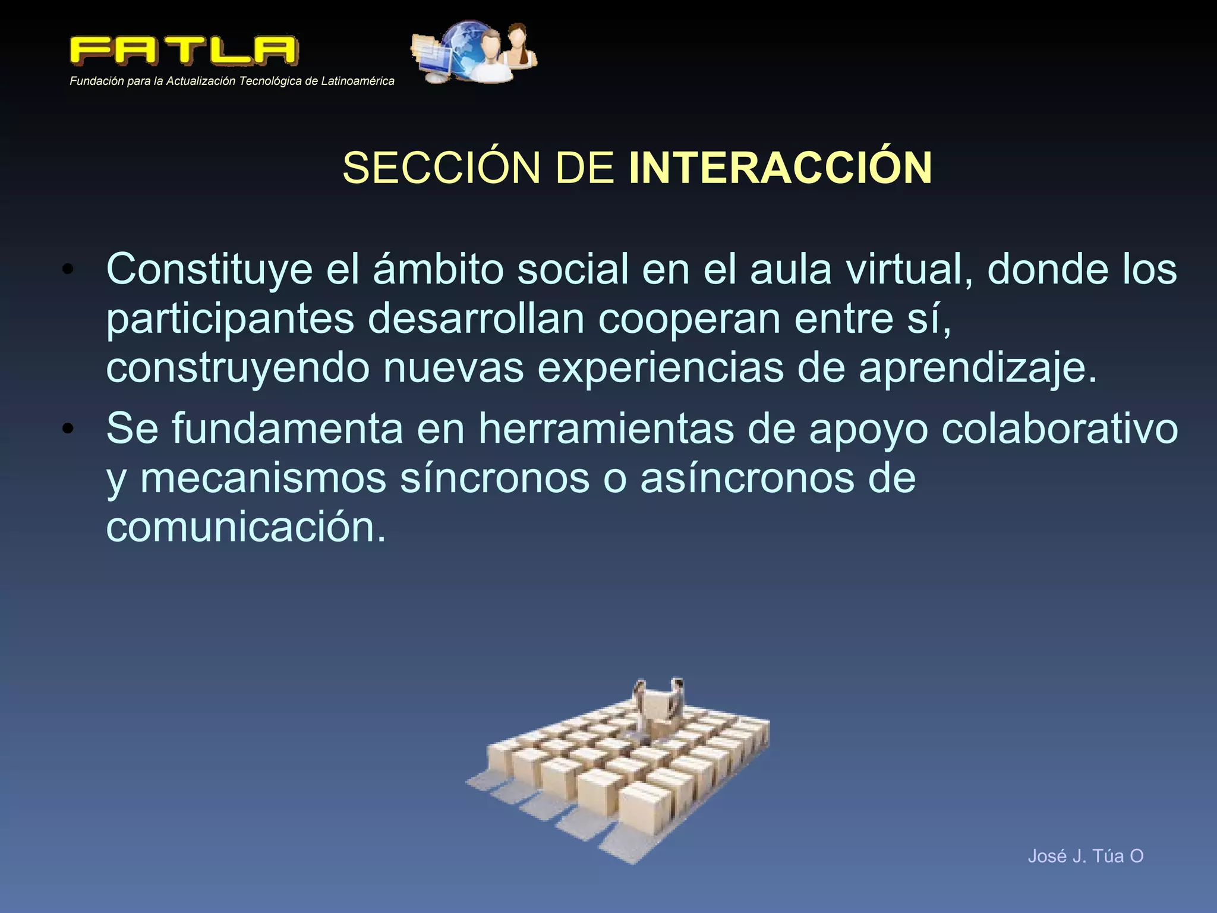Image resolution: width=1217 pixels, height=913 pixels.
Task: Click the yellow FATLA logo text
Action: [x=183, y=51]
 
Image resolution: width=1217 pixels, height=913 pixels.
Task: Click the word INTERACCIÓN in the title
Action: [x=780, y=168]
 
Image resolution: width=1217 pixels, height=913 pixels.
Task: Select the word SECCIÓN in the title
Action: [x=441, y=168]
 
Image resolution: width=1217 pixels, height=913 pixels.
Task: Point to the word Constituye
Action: [x=209, y=270]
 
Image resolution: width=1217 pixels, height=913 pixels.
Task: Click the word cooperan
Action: [x=689, y=319]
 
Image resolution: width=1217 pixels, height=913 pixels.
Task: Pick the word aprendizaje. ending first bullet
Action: [x=978, y=369]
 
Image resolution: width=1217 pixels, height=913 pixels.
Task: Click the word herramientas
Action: [x=606, y=429]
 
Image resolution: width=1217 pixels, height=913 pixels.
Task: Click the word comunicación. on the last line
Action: [x=246, y=527]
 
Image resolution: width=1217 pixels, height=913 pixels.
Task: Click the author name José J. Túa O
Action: [x=1085, y=856]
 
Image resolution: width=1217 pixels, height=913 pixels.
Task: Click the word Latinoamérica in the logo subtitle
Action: [x=357, y=81]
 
